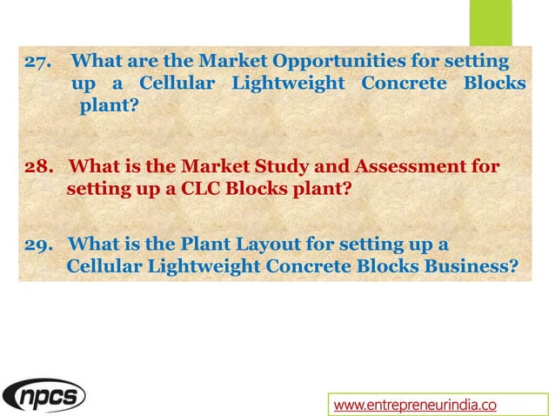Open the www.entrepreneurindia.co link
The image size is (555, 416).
coord(415,403)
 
